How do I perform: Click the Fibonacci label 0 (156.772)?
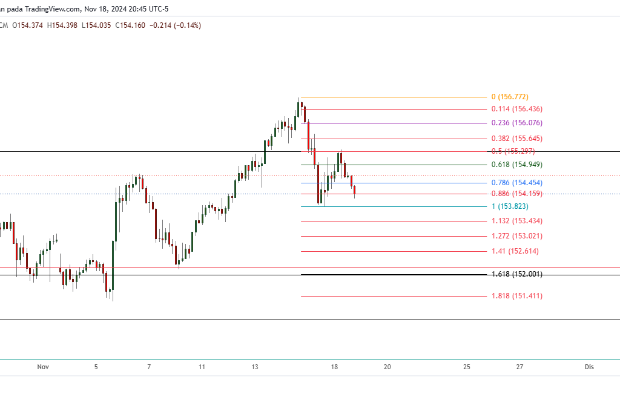[x=509, y=97]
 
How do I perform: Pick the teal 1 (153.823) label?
[x=510, y=206]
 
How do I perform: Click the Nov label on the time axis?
[x=42, y=367]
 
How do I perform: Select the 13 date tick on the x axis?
[x=255, y=367]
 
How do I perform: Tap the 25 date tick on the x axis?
[x=467, y=367]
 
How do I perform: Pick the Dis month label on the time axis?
[x=589, y=367]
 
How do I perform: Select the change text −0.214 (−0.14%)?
[x=175, y=25]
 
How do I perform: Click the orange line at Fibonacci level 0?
[x=394, y=97]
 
